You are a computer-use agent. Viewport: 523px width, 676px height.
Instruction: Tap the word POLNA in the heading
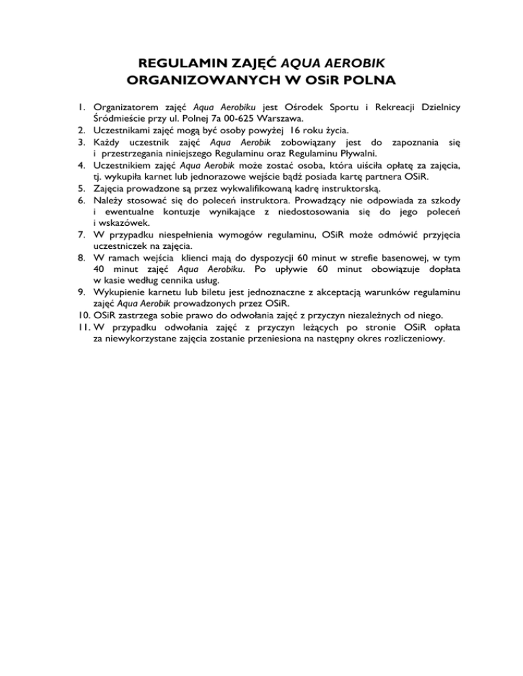[365, 81]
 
